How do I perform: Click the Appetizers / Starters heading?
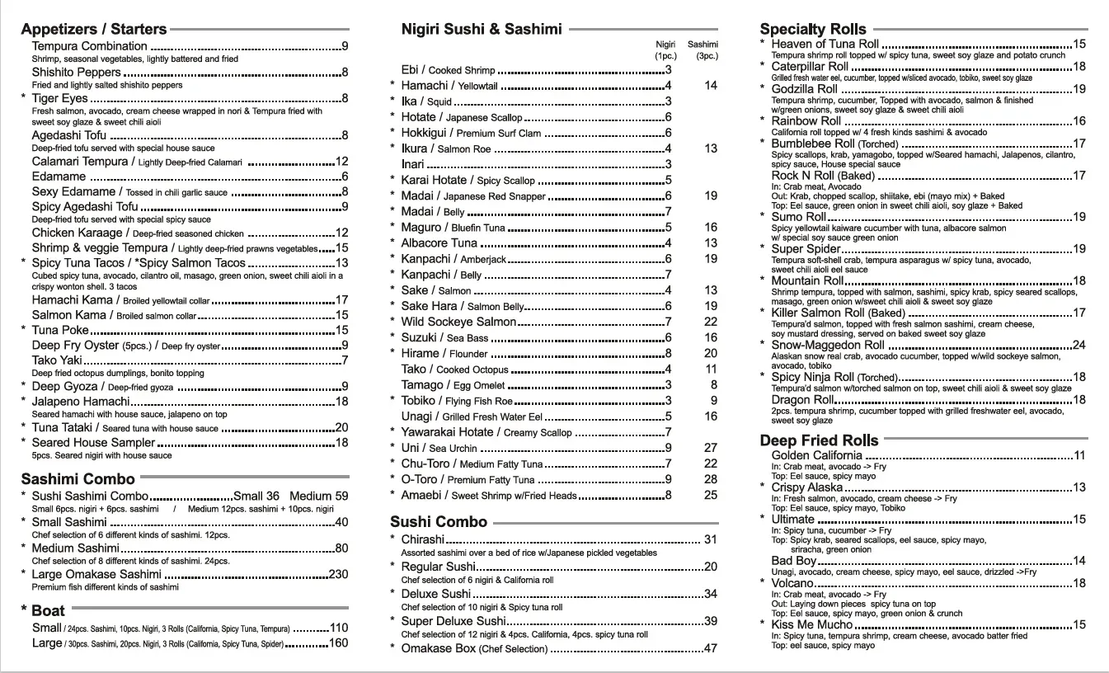(94, 30)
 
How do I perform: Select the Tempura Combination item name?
(89, 46)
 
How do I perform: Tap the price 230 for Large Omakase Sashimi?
(338, 574)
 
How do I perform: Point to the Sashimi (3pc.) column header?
(703, 49)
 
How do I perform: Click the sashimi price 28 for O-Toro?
(711, 479)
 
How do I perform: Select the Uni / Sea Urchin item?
(439, 448)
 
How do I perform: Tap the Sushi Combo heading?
(439, 522)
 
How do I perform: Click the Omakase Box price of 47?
(710, 648)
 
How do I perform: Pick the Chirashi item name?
(422, 539)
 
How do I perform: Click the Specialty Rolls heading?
(813, 30)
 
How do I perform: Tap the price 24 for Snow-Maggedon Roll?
(1078, 345)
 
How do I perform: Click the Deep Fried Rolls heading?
(819, 440)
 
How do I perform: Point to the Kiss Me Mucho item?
(812, 624)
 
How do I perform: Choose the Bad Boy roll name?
(794, 561)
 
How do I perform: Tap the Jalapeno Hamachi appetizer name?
(81, 402)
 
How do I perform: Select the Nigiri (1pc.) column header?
(665, 49)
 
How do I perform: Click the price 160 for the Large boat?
(338, 643)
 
